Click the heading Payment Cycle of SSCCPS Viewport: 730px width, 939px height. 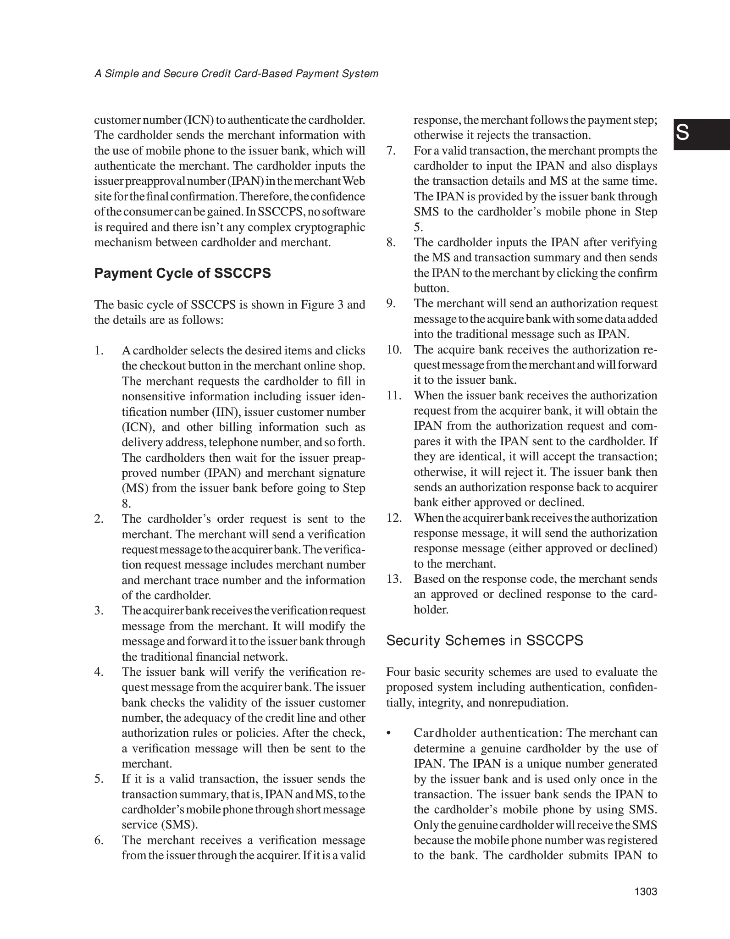coord(182,273)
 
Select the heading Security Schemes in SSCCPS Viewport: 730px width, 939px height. coord(485,641)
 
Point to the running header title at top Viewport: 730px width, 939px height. coord(236,74)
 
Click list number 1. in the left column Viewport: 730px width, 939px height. coord(99,351)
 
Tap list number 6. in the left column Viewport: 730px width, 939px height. coord(99,840)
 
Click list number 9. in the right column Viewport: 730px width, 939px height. coord(391,304)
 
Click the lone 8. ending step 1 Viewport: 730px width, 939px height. coord(127,504)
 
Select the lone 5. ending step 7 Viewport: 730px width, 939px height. coord(418,227)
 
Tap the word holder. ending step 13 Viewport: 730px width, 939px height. coord(431,610)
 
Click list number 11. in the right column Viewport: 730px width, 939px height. coord(394,395)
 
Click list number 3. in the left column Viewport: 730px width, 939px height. coord(99,611)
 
